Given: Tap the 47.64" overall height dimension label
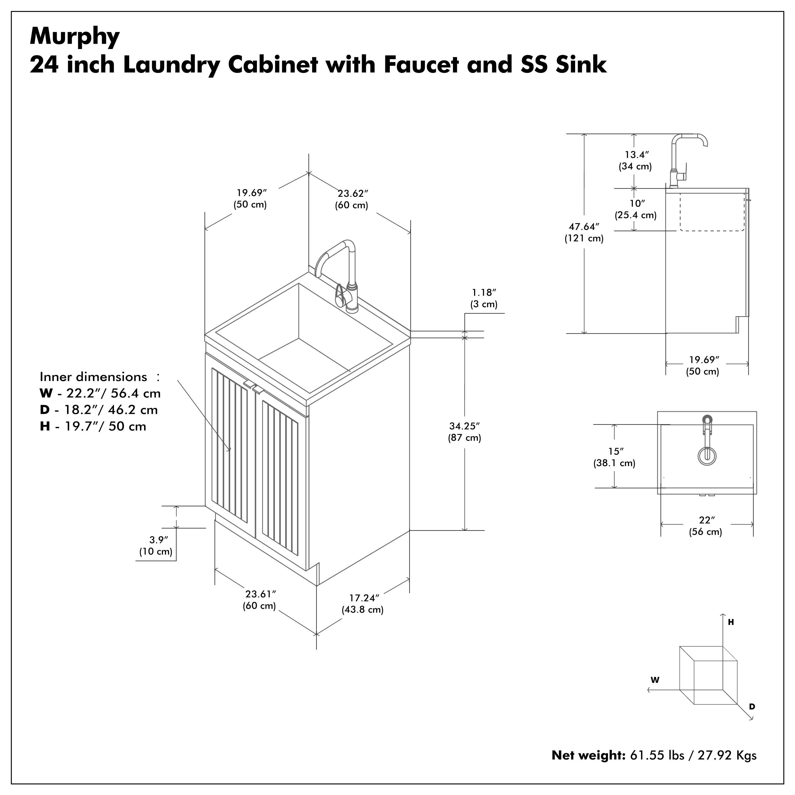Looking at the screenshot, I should click(584, 232).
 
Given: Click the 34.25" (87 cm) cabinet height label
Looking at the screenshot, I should click(465, 432).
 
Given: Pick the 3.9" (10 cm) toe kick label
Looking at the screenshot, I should click(156, 546).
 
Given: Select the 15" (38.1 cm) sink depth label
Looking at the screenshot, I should click(614, 457).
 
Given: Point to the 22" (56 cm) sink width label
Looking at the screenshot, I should click(706, 526).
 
